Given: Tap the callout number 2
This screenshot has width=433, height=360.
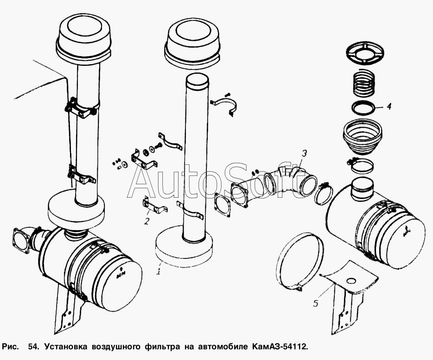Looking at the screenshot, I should pos(146,221).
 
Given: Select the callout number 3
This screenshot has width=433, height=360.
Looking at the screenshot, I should pos(304,153).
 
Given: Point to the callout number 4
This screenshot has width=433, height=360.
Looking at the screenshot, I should pos(389,106).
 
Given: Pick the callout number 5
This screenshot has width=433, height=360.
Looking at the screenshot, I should pos(316,304).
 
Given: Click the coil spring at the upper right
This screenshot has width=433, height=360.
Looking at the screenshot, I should pos(364,82).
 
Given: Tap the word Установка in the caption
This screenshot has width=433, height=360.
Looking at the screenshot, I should pos(68,347).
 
